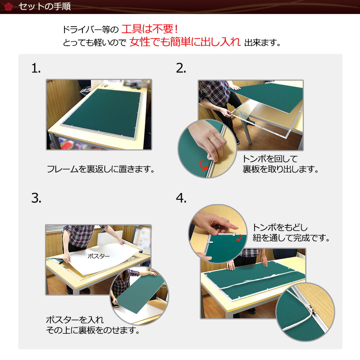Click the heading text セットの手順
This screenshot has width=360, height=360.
[x=44, y=6]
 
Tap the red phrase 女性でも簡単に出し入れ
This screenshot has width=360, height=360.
[x=185, y=42]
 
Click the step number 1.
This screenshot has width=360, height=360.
[x=36, y=68]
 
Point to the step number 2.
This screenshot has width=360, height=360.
[x=181, y=68]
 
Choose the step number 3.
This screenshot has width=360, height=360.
[x=36, y=198]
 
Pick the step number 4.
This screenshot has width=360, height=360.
[x=181, y=198]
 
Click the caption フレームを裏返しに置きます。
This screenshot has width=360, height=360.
[x=101, y=169]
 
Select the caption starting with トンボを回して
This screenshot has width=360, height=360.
[x=280, y=164]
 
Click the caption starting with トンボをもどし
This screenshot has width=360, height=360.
[x=291, y=233]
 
